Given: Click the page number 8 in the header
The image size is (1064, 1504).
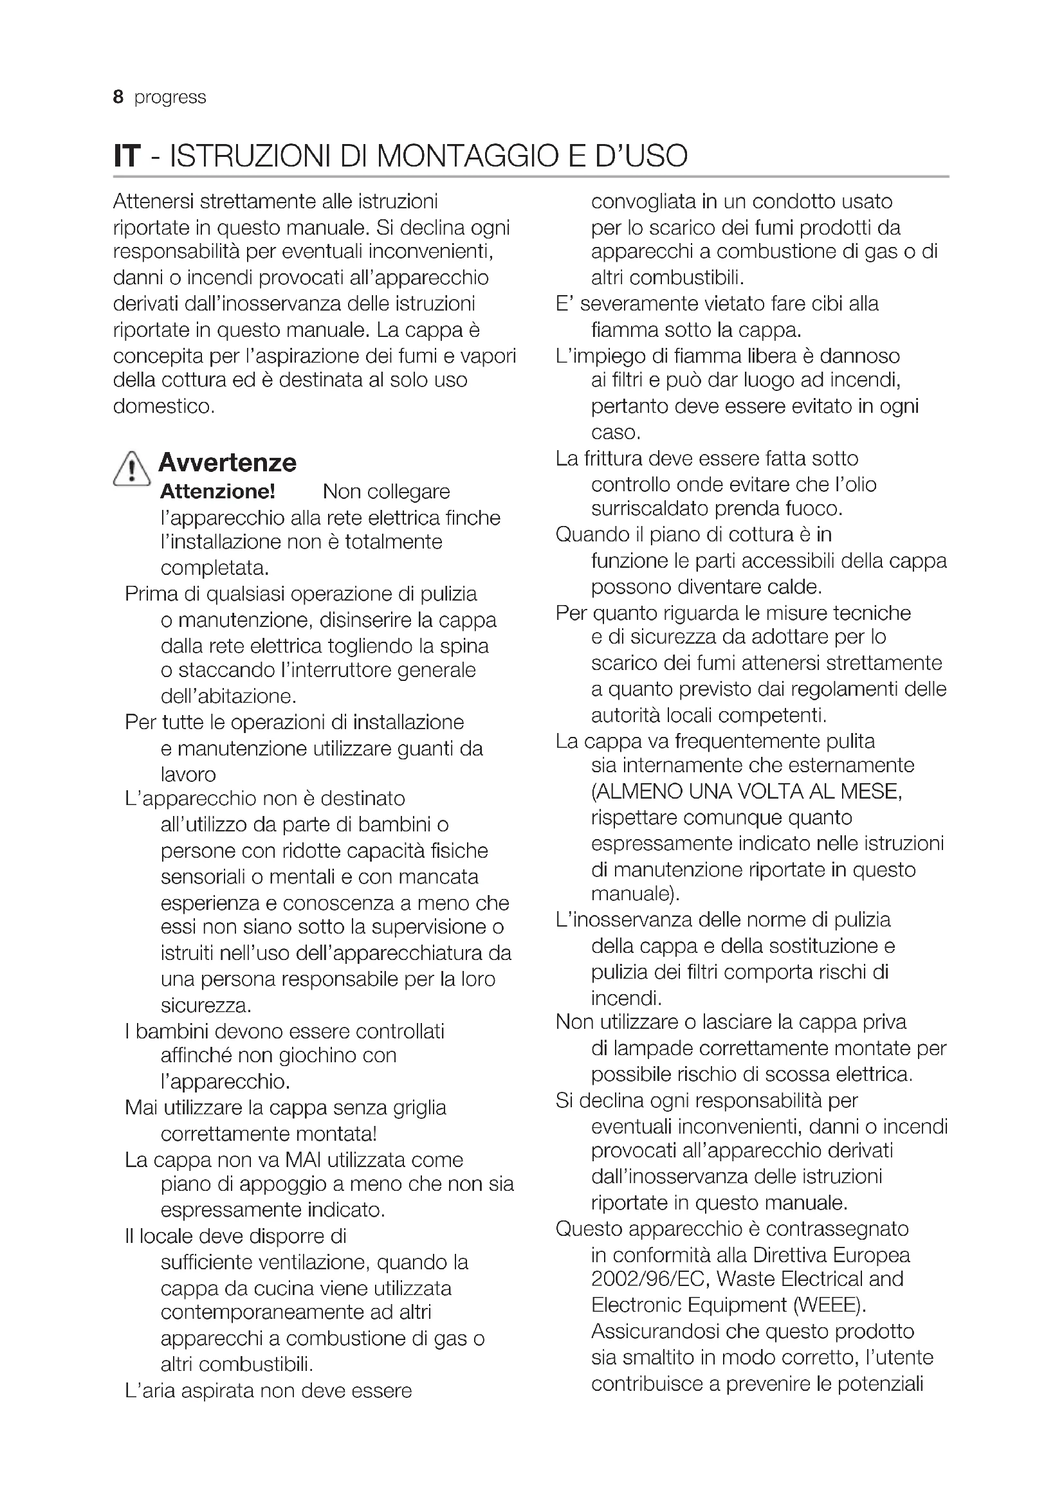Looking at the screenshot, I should [x=118, y=97].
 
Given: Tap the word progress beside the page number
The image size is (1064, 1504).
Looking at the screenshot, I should [x=170, y=98].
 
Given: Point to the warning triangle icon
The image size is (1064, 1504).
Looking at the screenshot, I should [x=132, y=469].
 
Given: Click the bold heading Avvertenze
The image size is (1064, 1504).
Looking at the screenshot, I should [x=227, y=462].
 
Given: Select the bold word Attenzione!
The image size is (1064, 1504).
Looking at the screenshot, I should [x=217, y=491].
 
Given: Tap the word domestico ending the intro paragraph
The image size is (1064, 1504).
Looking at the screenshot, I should [x=164, y=406].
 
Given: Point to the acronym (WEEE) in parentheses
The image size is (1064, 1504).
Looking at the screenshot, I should [x=829, y=1305].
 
